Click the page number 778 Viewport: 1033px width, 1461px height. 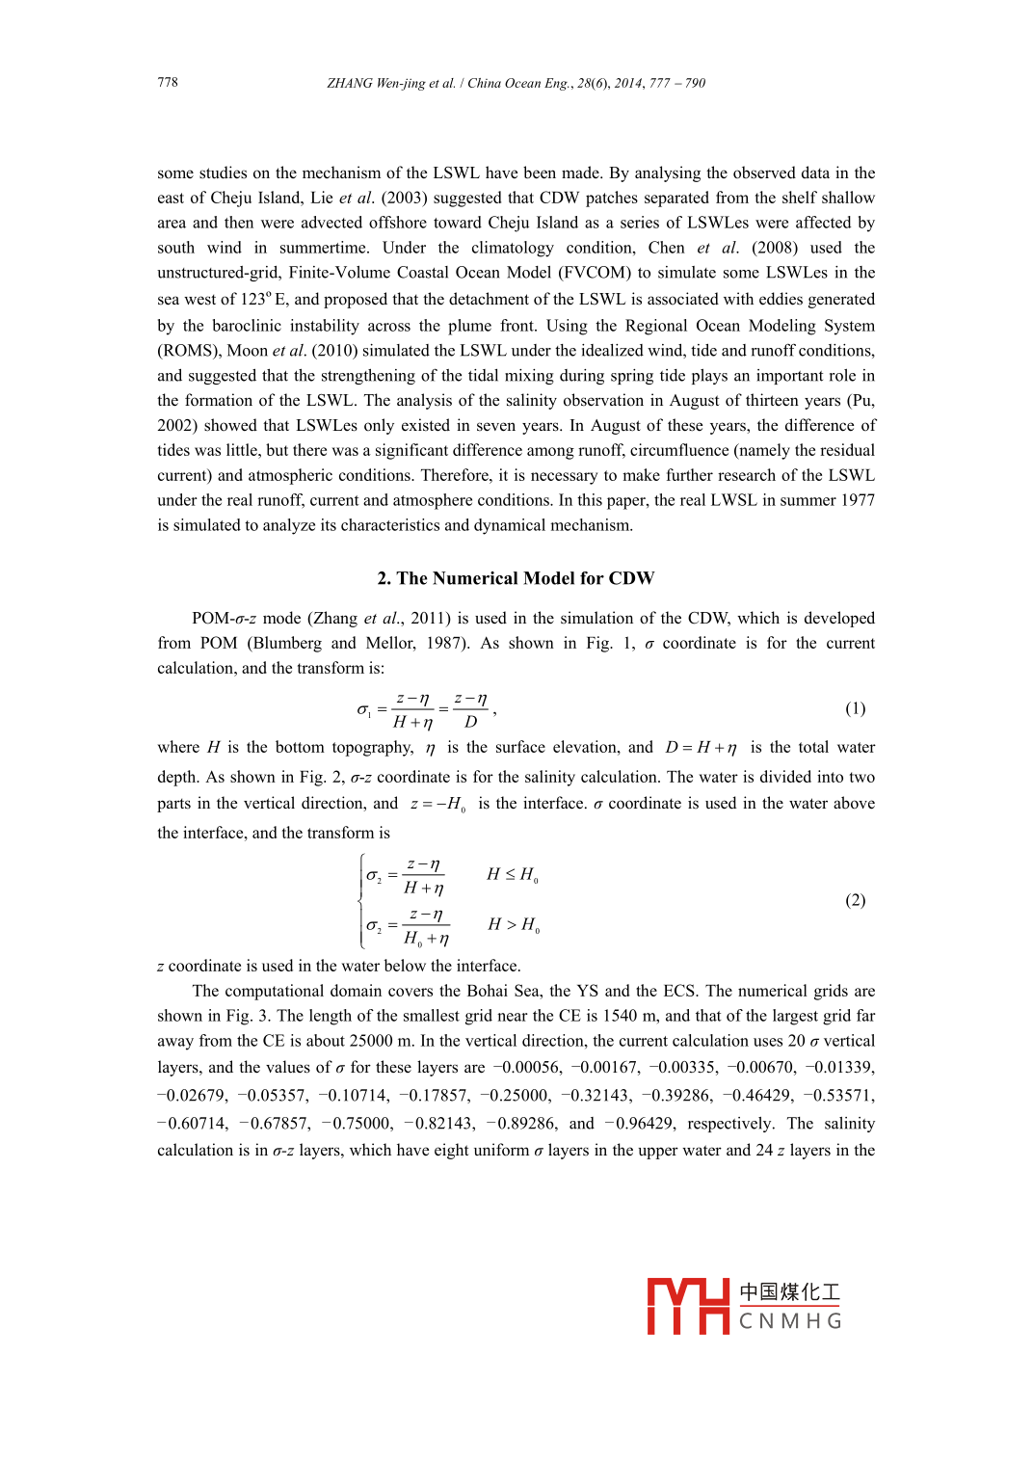(168, 82)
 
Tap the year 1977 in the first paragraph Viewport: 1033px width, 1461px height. (857, 499)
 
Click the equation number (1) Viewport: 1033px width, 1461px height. (855, 708)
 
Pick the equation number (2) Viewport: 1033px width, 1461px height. (855, 899)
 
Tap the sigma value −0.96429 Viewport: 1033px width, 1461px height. (639, 1123)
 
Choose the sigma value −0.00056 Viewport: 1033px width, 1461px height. (527, 1067)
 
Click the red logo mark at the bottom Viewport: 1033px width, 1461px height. (687, 1306)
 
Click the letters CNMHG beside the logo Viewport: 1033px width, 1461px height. (790, 1321)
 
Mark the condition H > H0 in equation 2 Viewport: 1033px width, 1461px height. (513, 924)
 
